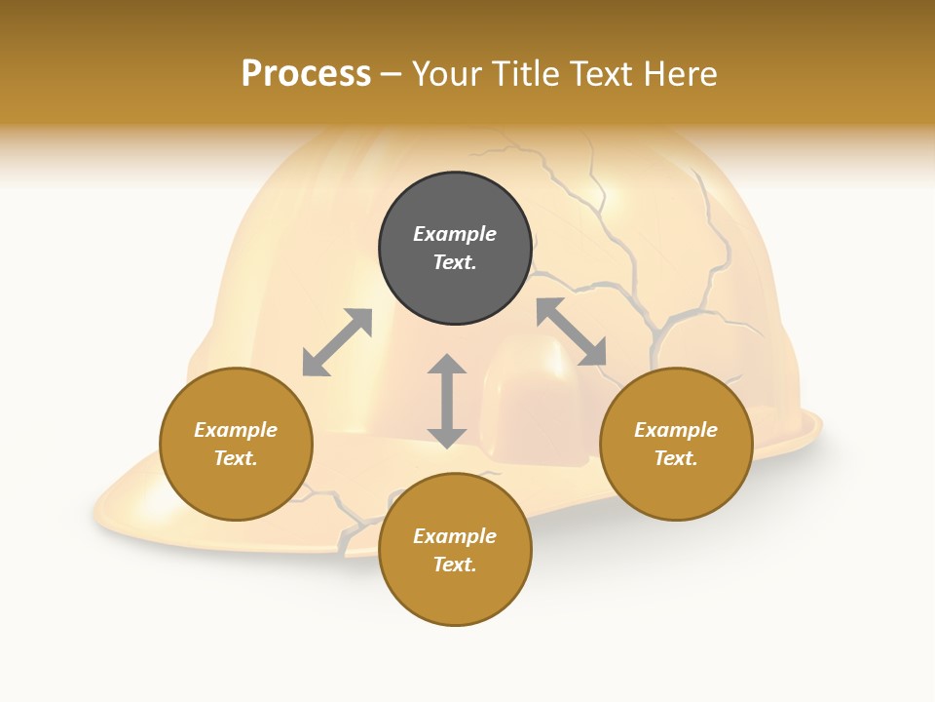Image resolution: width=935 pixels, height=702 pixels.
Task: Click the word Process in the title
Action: click(x=306, y=74)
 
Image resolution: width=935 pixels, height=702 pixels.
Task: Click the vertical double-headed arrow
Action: click(x=447, y=402)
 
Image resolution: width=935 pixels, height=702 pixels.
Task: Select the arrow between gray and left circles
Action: click(x=337, y=342)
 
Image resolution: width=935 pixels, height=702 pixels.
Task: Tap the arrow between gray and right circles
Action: click(x=572, y=332)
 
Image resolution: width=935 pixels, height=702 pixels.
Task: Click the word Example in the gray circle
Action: click(x=455, y=234)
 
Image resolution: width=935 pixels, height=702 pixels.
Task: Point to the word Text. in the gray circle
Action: click(x=455, y=262)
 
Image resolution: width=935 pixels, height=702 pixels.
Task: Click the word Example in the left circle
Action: click(x=236, y=430)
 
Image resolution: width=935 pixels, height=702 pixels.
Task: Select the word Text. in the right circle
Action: click(x=676, y=458)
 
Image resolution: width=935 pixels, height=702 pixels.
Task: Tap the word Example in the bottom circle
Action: click(x=455, y=536)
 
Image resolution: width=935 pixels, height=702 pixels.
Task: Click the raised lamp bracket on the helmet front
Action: click(x=533, y=400)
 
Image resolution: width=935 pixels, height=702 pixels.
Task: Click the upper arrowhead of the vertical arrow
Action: click(x=447, y=366)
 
